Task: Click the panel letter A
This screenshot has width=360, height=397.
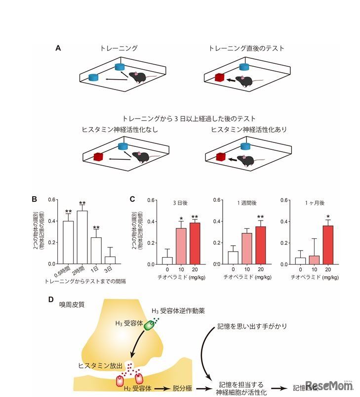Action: [x=58, y=48]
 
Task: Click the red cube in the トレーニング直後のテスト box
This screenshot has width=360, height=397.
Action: [x=219, y=77]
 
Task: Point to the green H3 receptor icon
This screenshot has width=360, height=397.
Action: [x=150, y=325]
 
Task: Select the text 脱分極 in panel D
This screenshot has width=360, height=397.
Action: [x=182, y=389]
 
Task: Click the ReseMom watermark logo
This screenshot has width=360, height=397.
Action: [x=329, y=385]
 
